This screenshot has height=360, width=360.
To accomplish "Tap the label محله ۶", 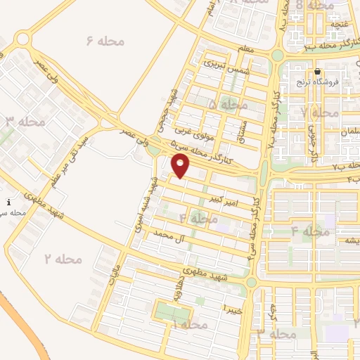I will point(105,41).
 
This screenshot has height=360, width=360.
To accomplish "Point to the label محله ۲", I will point(64,259).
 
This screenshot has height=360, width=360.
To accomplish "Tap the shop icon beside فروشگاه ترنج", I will point(317,72).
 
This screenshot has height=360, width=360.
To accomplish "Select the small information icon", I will point(8,202).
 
